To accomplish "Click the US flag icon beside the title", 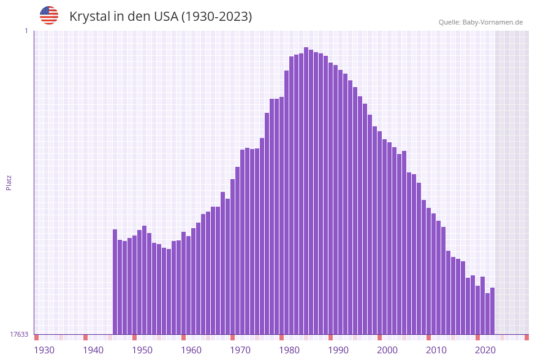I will click(49, 15).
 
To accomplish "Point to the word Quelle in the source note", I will click(449, 22).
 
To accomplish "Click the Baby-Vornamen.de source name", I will click(493, 22).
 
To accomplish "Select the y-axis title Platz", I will click(9, 182).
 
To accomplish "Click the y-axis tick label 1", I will click(26, 31).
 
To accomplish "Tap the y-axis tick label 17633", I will click(19, 334).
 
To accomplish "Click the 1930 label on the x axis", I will click(44, 350).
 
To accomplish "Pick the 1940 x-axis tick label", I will click(93, 350).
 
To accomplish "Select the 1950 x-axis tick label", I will click(142, 350).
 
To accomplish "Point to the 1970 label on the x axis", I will click(240, 350).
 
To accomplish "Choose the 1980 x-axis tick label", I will click(289, 350).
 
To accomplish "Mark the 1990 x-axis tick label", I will click(338, 350).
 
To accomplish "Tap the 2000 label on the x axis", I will click(387, 350).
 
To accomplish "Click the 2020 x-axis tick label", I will click(485, 350).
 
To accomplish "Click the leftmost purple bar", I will click(115, 282).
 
